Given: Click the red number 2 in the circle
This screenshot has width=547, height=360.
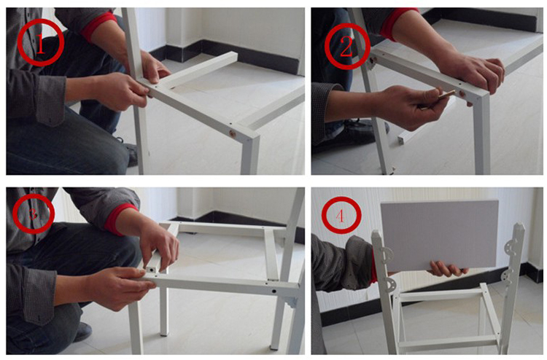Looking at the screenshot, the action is pos(346,47).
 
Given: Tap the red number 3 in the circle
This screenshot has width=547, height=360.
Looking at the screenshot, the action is pos(33,214).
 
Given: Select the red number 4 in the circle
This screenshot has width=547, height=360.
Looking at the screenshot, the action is pos(341,216).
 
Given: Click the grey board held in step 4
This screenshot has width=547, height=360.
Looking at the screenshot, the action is pos(439,235).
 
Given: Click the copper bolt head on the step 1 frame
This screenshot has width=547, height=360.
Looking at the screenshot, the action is pos(231,133).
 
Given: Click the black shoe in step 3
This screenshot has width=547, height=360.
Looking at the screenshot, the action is pos(82,332).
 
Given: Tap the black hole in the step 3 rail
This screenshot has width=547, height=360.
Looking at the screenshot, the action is pos(274,291).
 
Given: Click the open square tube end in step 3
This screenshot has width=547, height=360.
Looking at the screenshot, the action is pos(151,270).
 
